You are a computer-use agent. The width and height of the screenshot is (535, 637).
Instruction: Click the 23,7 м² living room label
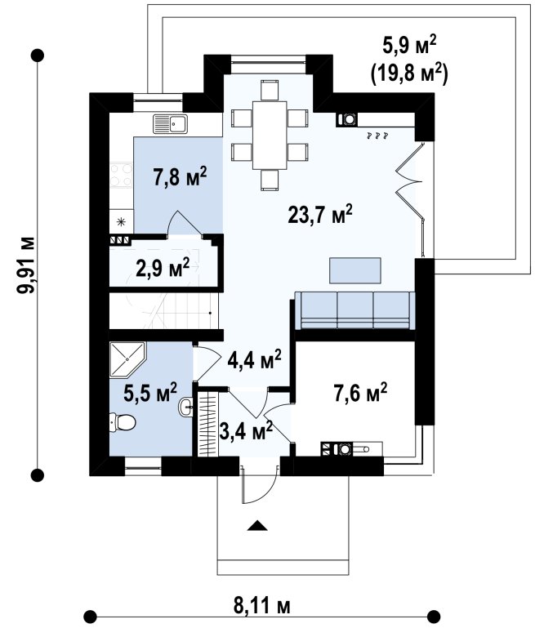[319, 214]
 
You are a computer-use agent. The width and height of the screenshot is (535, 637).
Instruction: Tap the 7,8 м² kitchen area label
[180, 176]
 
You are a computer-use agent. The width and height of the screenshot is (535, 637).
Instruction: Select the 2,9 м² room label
[163, 268]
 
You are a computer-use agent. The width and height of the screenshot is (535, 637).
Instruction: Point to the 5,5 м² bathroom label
[150, 393]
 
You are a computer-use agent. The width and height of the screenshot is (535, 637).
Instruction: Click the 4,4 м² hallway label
[254, 359]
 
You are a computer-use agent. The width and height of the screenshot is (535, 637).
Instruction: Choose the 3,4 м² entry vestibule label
[245, 431]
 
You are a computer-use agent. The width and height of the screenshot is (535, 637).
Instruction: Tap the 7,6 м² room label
[360, 393]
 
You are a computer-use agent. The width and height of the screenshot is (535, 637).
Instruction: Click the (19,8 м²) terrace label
[409, 73]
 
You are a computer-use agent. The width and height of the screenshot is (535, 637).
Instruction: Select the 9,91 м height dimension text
[26, 264]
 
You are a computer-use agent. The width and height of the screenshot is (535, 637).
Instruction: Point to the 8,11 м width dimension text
[262, 607]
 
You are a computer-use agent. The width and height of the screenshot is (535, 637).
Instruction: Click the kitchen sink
[170, 124]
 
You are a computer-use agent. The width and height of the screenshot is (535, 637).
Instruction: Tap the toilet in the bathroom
[122, 422]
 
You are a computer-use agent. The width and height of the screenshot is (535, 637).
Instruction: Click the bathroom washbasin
[186, 406]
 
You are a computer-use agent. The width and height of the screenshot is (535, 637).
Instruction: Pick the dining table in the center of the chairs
[270, 135]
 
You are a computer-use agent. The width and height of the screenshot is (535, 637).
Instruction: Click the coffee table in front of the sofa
[355, 270]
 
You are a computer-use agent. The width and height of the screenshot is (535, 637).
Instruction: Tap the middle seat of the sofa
[355, 310]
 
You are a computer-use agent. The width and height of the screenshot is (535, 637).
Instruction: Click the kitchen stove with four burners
[121, 175]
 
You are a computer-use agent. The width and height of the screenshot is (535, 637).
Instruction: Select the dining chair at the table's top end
[270, 90]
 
